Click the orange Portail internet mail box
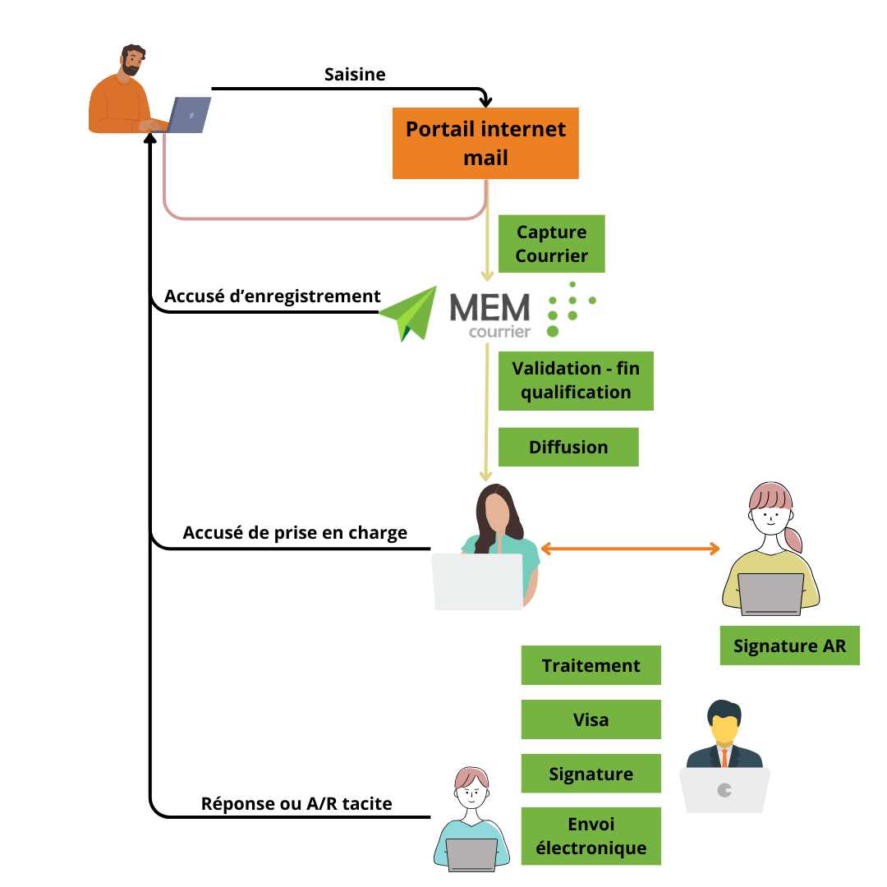tap(485, 143)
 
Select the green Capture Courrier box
tap(551, 244)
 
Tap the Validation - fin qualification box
tap(576, 380)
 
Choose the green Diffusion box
tap(568, 447)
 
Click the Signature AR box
tap(789, 646)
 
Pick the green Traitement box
tap(591, 665)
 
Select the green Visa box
tap(591, 719)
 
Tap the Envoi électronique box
tap(591, 836)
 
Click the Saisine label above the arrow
tap(355, 74)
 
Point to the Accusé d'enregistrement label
tap(272, 296)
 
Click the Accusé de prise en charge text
tap(295, 532)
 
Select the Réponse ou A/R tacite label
tap(296, 803)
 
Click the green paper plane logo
tap(410, 313)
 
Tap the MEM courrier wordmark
tap(490, 315)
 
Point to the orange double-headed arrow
tap(630, 548)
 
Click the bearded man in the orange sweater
tap(122, 94)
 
